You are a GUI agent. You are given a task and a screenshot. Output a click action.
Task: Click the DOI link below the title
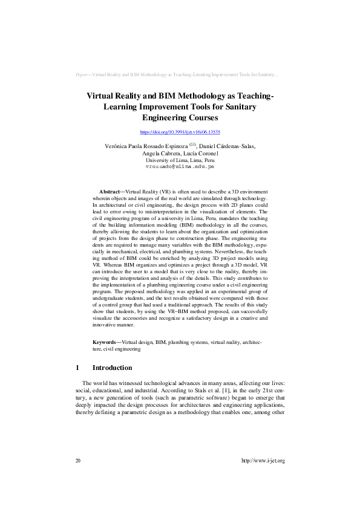pyautogui.click(x=180, y=132)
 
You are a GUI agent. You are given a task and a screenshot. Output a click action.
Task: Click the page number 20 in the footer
pyautogui.click(x=78, y=461)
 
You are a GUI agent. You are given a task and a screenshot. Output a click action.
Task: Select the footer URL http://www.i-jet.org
pyautogui.click(x=263, y=461)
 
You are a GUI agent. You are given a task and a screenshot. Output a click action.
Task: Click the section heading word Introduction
pyautogui.click(x=112, y=368)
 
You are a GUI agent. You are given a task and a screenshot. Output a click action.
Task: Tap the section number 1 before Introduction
pyautogui.click(x=77, y=368)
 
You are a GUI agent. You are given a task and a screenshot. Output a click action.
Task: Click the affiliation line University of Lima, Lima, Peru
pyautogui.click(x=180, y=160)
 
